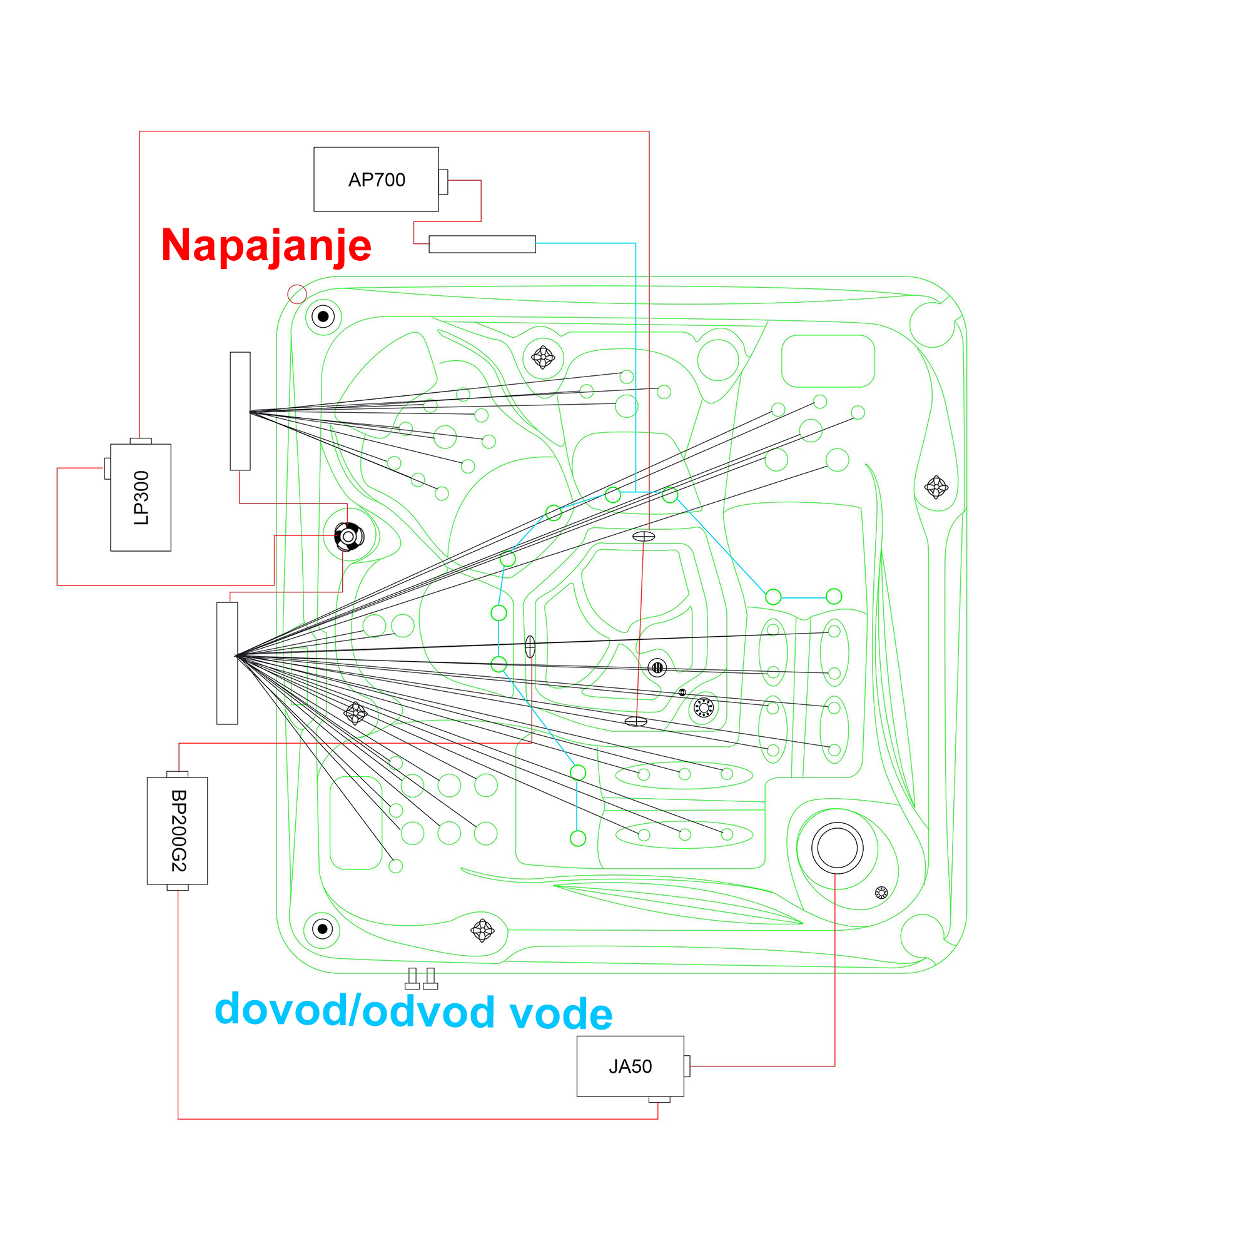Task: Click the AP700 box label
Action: click(376, 180)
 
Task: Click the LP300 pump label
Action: click(141, 497)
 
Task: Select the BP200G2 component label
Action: click(178, 831)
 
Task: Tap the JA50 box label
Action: click(630, 1066)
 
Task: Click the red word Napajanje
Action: click(266, 245)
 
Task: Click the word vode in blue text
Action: click(560, 1013)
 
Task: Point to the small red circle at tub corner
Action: click(297, 295)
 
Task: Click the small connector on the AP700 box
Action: click(443, 182)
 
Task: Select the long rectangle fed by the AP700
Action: click(482, 244)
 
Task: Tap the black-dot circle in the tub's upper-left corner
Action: click(323, 317)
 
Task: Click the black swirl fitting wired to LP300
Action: click(349, 537)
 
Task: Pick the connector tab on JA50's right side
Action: click(687, 1066)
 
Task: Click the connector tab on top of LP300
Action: click(141, 441)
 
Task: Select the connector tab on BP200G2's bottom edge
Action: click(178, 887)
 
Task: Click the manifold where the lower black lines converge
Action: click(227, 663)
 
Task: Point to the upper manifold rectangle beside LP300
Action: click(240, 411)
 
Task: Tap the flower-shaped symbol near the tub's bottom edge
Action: click(482, 931)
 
